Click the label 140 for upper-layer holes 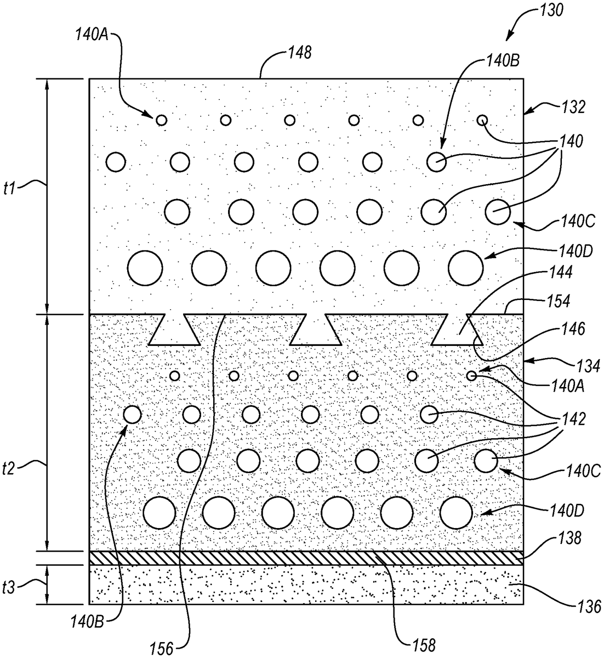tap(571, 141)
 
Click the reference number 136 tap(589, 606)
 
